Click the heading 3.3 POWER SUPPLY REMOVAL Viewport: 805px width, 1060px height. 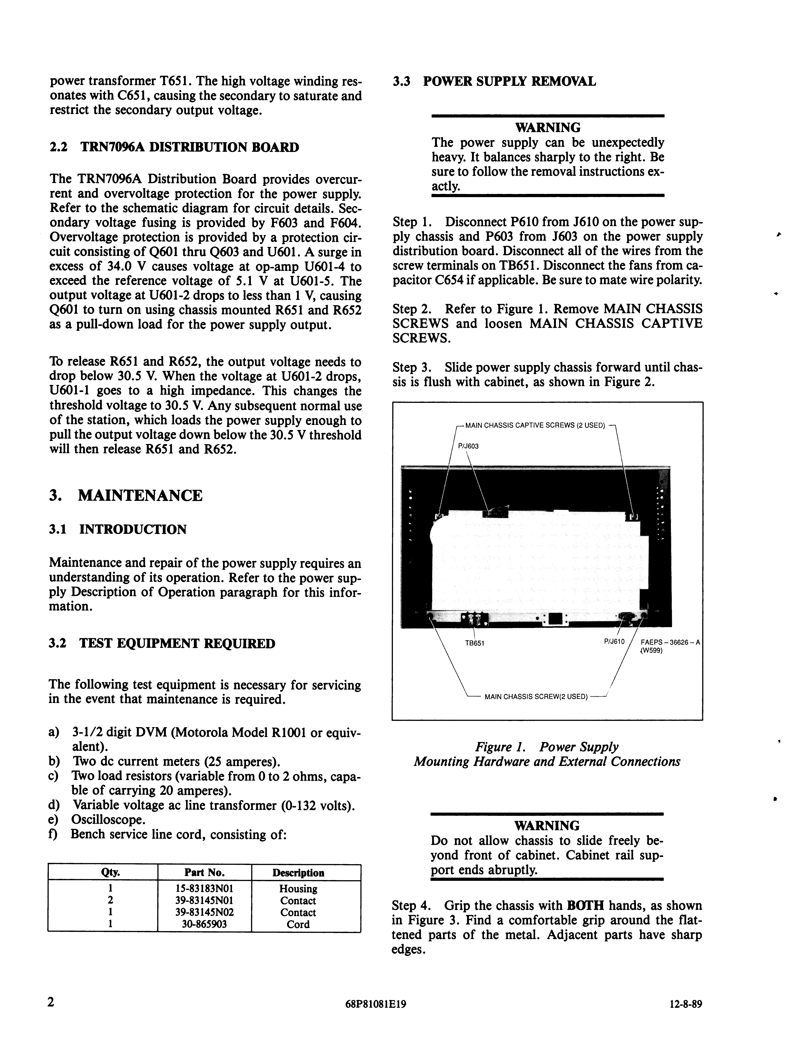click(494, 82)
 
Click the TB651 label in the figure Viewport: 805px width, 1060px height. click(474, 643)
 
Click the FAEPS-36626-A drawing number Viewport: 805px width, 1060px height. click(670, 642)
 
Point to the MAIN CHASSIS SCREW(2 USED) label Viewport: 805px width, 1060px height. click(536, 696)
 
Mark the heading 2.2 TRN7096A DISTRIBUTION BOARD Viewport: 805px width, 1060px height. click(174, 147)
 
